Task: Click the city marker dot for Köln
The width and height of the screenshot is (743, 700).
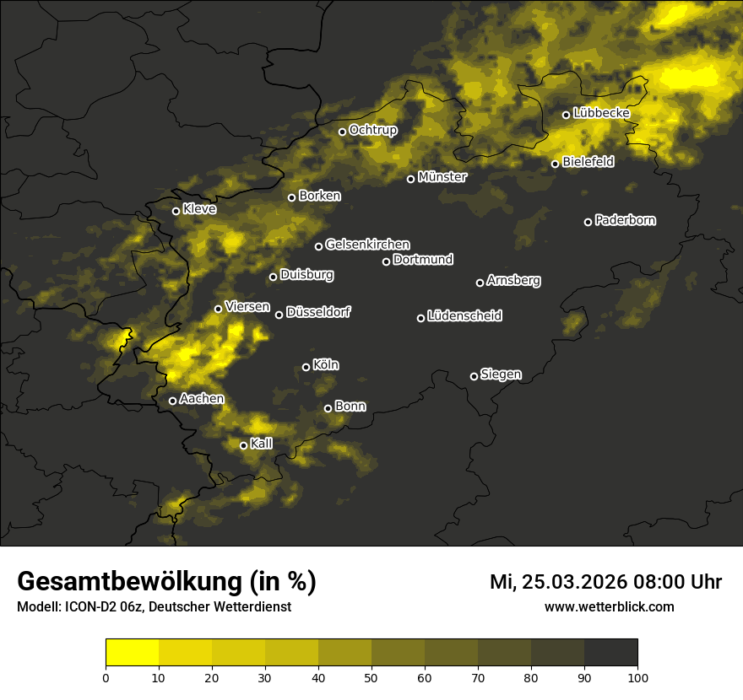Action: tap(306, 367)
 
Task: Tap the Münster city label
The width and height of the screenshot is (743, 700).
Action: tap(442, 177)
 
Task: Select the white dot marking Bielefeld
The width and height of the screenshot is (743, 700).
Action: tap(555, 164)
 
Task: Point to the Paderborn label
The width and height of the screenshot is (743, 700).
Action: tap(625, 220)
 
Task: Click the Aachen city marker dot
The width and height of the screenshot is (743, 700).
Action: tap(172, 401)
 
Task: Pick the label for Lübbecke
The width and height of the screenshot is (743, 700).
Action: tap(601, 113)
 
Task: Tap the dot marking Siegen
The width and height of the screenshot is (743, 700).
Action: tap(474, 376)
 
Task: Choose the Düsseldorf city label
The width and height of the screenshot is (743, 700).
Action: tap(318, 313)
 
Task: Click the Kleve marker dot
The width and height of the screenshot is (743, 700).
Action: tap(176, 211)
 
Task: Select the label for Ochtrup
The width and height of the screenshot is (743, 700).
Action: tap(372, 130)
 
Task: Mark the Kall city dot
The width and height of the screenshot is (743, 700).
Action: tap(243, 445)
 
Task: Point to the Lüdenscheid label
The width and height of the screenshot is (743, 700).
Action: tap(464, 316)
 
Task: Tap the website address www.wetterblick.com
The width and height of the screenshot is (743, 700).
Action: tap(610, 607)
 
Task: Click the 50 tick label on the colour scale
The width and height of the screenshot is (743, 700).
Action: tap(371, 677)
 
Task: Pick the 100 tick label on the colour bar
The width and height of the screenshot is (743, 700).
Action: tap(637, 677)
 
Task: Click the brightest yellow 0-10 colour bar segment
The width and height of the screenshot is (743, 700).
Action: tap(133, 652)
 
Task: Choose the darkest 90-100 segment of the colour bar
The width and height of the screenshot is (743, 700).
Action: tap(610, 652)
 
